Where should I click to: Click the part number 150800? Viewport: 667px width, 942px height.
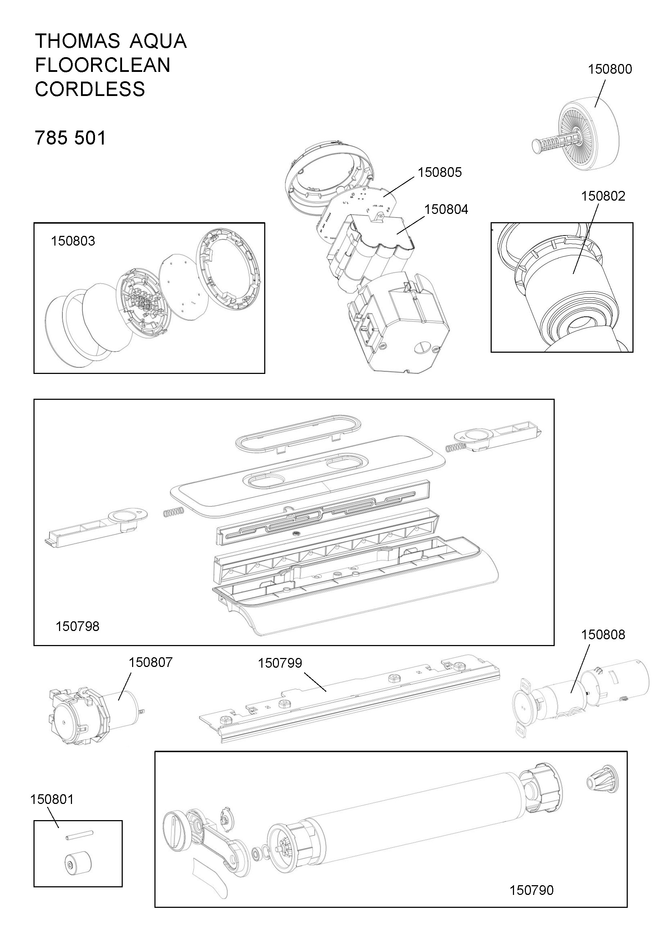coord(610,69)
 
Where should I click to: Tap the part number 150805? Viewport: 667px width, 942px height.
coord(440,172)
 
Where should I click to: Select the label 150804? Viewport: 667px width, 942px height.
coord(446,209)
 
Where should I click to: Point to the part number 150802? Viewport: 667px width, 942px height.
coord(603,196)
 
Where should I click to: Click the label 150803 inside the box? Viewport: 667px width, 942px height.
coord(73,241)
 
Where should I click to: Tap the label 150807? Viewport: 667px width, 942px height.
coord(151,662)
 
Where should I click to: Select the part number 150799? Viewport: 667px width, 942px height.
coord(280,663)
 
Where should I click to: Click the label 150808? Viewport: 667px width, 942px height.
coord(603,635)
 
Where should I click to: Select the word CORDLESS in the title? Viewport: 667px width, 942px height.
coord(90,89)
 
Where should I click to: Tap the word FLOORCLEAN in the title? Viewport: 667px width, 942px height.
coord(103,65)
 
